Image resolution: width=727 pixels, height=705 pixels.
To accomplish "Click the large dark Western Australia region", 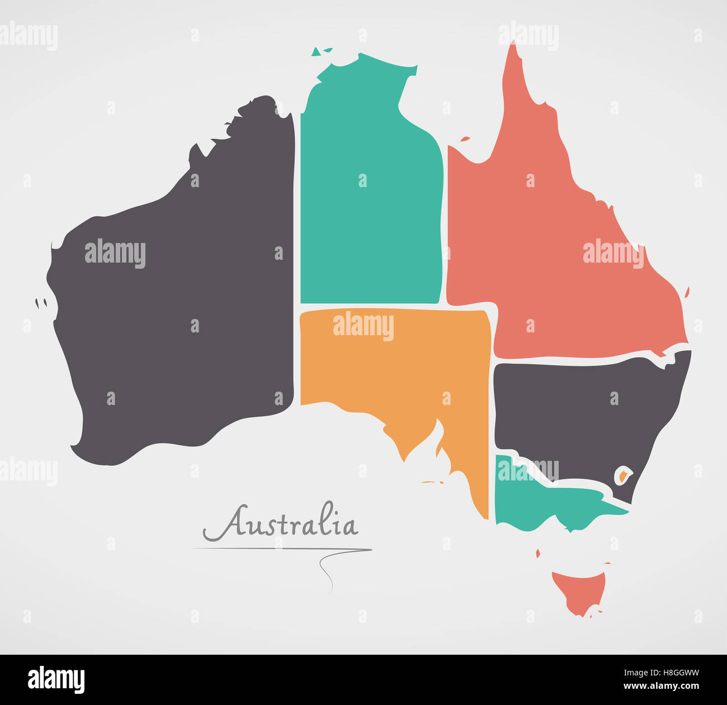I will click(x=179, y=313).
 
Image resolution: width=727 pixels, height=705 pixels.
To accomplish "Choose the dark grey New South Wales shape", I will click(x=582, y=413).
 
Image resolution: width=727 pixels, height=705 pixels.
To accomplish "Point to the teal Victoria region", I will click(x=537, y=503).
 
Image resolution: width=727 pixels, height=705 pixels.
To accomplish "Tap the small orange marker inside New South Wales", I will click(x=623, y=477).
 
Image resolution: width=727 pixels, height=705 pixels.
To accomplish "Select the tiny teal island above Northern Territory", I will click(x=317, y=52).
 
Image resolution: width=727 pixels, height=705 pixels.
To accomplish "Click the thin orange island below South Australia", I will click(x=432, y=482).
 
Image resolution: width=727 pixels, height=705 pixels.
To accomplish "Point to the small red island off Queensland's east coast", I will click(x=687, y=292).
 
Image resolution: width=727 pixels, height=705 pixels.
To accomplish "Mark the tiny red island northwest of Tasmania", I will click(x=538, y=553).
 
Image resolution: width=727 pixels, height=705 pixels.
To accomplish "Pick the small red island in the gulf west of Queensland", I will click(x=465, y=139).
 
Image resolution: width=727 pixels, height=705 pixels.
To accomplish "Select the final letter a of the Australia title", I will click(x=349, y=527).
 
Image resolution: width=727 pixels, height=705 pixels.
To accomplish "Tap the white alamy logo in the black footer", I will click(x=56, y=680).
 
